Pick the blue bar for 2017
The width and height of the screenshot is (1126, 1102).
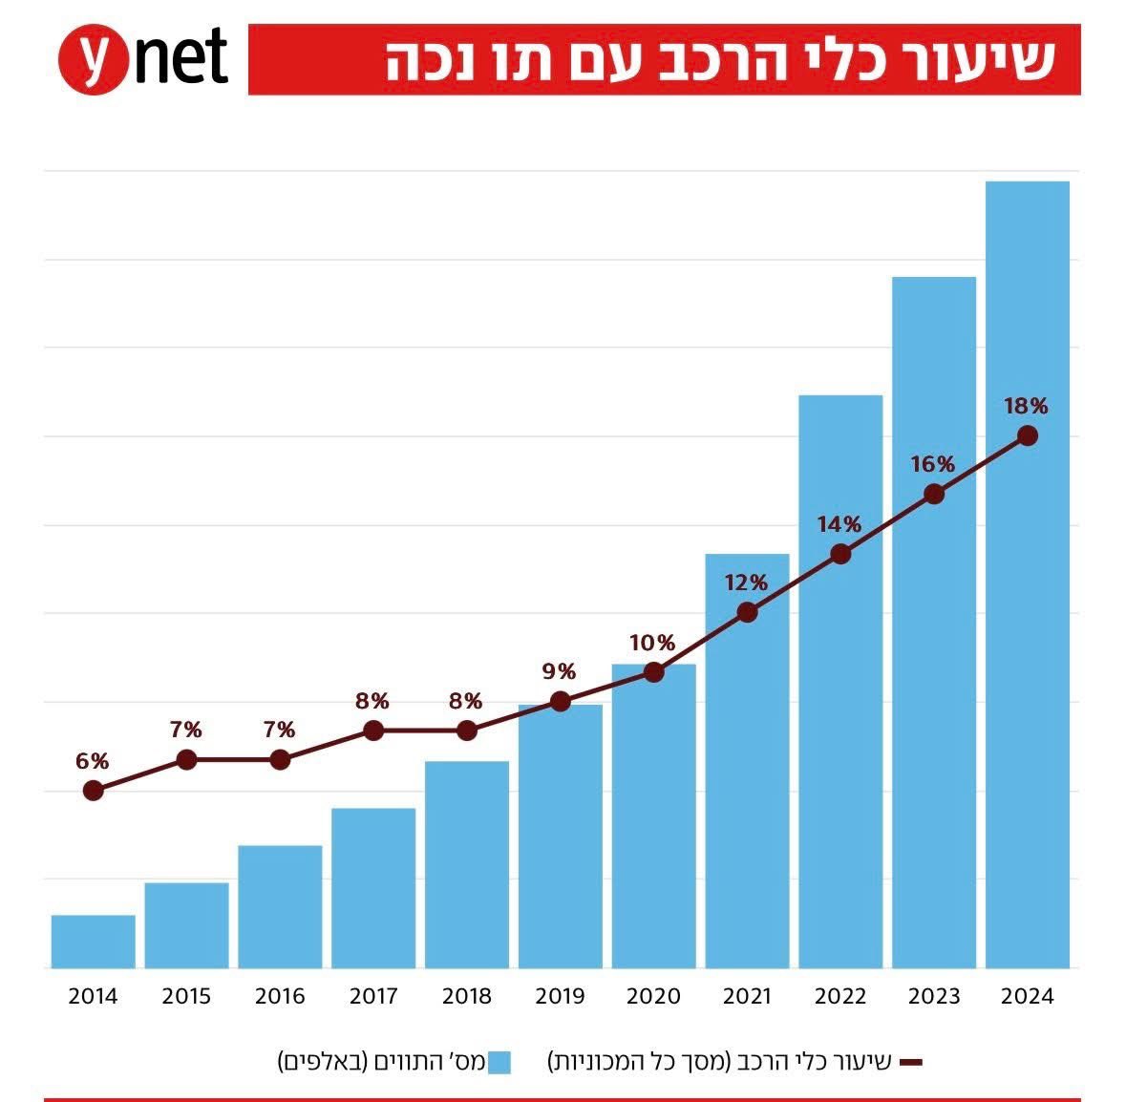(x=373, y=888)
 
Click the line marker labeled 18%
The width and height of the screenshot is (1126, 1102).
(x=1027, y=435)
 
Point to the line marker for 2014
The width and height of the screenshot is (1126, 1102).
(x=93, y=790)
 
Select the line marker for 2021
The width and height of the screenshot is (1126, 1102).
(x=747, y=612)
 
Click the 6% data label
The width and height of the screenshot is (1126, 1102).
(x=93, y=761)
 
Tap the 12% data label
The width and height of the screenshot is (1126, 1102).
(x=746, y=583)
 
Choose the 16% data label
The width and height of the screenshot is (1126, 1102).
(x=933, y=464)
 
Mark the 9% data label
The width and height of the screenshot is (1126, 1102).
(x=560, y=671)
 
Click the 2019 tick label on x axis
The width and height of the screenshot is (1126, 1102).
(x=560, y=996)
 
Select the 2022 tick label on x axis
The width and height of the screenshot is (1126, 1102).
(x=840, y=996)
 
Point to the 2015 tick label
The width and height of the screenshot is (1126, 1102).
(x=186, y=996)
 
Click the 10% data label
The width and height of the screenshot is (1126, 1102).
(x=652, y=643)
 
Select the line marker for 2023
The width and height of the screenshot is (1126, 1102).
(x=934, y=494)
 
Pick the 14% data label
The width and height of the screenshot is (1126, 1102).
(x=839, y=524)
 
